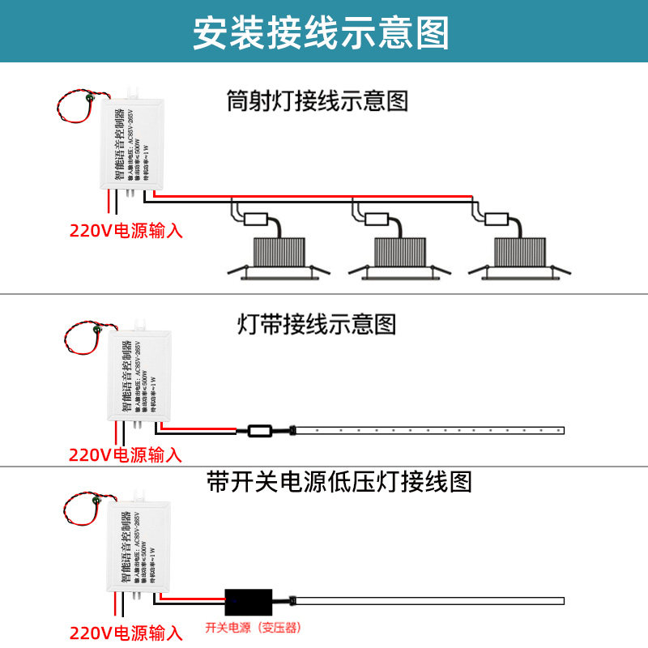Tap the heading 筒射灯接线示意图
tap(317, 102)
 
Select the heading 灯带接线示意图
tap(317, 325)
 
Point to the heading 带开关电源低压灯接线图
tap(339, 483)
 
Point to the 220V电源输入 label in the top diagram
tap(126, 231)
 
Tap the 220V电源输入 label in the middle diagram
tap(126, 455)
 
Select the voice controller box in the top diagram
tap(132, 146)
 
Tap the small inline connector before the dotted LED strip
tap(261, 430)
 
